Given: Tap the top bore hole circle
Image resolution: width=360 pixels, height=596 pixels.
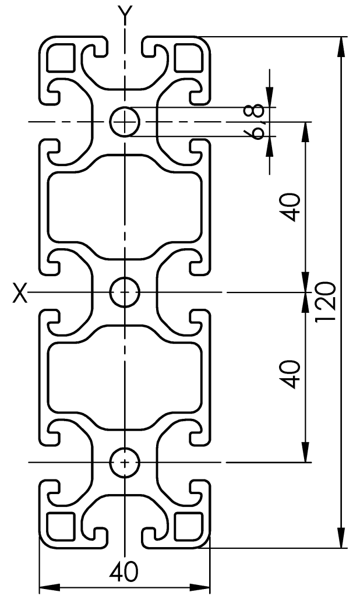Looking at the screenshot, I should pos(124,122).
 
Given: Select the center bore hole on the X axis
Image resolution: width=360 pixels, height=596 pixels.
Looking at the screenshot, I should pos(124,292).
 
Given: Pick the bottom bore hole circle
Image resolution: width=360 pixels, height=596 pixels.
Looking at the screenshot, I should pos(124,462).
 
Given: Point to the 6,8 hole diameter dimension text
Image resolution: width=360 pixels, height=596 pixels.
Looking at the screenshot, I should pos(260,122).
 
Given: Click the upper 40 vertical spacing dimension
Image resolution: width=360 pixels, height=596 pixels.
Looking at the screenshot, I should pos(292,207).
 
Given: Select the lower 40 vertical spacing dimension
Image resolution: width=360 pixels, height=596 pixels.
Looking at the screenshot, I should pos(292,375).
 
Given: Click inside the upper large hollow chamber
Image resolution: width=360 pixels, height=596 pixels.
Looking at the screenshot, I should pos(125,207).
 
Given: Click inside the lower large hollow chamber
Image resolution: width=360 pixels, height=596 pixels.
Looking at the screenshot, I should pos(125,376).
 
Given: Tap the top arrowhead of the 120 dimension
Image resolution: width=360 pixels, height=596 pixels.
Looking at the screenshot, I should pos(341,44).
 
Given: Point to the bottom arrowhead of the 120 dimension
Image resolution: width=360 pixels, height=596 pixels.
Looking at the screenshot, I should pos(341,540).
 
